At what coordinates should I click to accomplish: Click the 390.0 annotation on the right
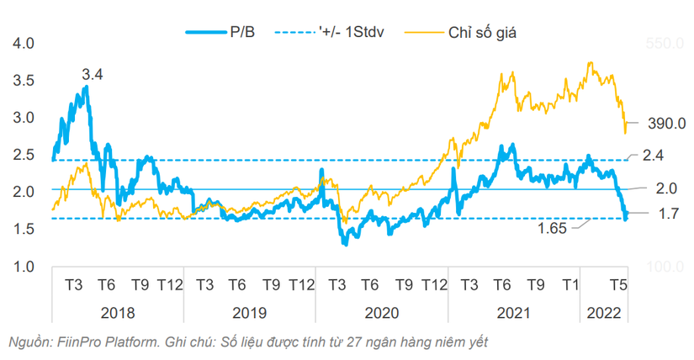(669, 123)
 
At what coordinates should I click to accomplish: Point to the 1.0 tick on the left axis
(25, 267)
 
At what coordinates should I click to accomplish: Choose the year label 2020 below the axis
(383, 313)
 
